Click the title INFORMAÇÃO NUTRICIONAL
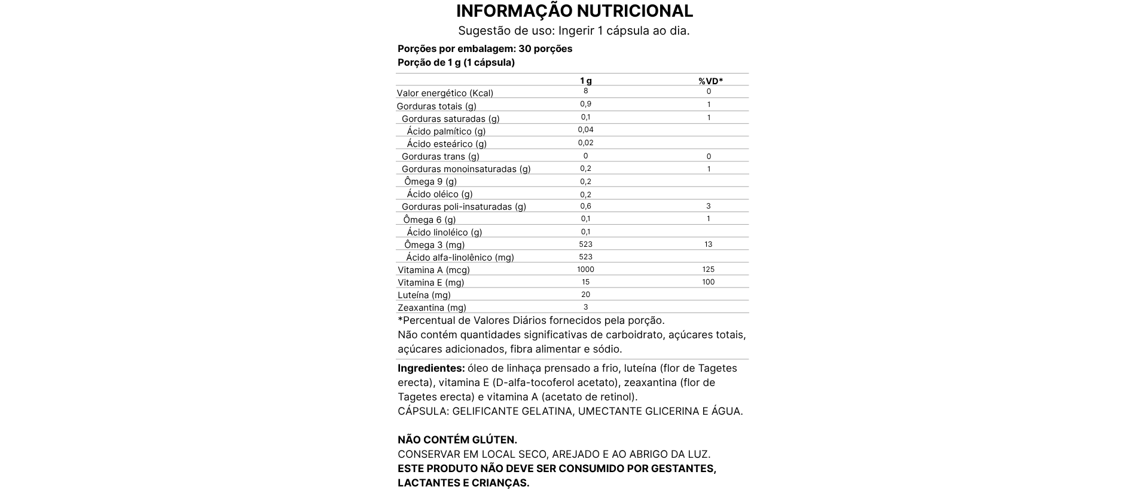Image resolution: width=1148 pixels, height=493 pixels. point(574,11)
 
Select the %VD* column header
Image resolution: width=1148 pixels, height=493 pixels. point(710,81)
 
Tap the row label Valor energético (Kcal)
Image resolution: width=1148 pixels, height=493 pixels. point(445,93)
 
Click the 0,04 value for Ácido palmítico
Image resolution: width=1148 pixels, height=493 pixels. point(585,130)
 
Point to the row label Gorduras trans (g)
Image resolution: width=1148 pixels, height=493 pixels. point(440,157)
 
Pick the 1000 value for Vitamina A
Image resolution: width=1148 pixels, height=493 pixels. point(585,270)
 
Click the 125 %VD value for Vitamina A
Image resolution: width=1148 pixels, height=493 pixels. point(709,270)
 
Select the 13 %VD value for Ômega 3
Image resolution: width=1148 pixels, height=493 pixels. point(709,244)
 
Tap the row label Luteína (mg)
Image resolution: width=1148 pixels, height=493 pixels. point(424,295)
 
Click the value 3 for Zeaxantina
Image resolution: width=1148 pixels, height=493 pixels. point(585,307)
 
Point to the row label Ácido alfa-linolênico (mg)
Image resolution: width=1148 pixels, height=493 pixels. point(460,258)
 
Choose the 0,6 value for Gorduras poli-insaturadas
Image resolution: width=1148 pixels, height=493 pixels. point(585,206)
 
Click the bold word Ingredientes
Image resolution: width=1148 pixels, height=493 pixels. point(431,368)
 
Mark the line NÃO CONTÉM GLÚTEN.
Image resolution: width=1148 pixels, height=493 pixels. point(457,440)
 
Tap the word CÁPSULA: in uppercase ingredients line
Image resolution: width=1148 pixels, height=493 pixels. point(423,411)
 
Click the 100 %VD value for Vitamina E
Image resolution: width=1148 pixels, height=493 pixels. point(709,282)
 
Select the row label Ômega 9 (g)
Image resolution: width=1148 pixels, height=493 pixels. point(430,182)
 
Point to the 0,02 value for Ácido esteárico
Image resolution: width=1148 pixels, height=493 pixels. point(585,143)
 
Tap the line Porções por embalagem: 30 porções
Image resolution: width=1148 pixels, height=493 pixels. point(485,48)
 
